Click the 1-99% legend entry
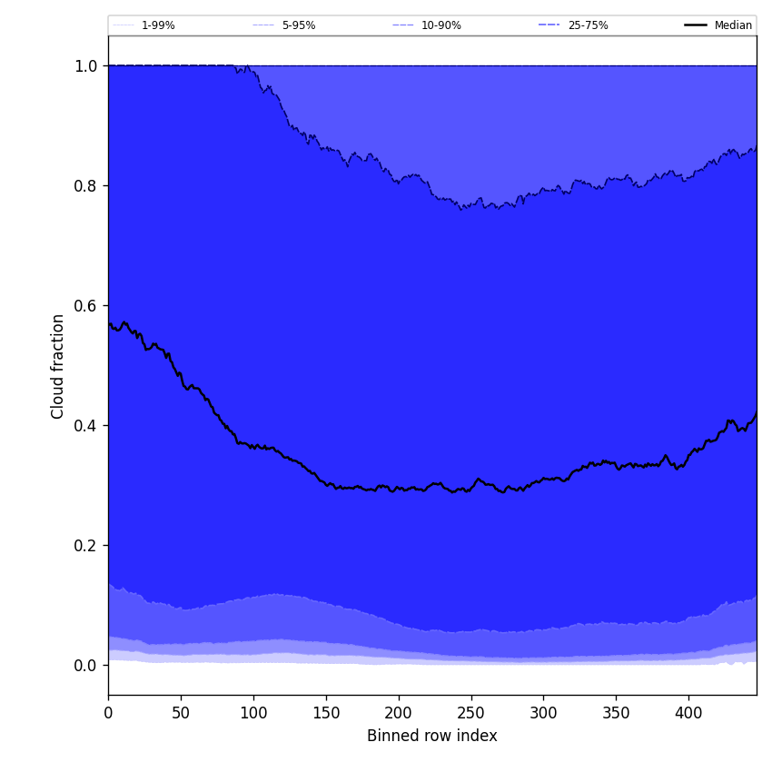tap(157, 25)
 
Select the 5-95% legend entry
tap(298, 25)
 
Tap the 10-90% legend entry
tap(440, 25)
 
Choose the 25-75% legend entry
tap(588, 25)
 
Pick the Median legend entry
tap(732, 25)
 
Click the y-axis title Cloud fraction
tap(58, 366)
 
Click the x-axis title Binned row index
tap(432, 736)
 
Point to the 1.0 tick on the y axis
tap(85, 65)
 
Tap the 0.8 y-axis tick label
tap(85, 185)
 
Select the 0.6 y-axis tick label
tap(85, 305)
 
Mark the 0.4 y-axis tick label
tap(85, 425)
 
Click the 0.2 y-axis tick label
tap(85, 545)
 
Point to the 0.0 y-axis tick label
tap(85, 665)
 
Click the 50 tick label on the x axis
tap(181, 713)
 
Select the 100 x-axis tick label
tap(253, 713)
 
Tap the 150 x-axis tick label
tap(326, 713)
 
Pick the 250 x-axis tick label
tap(470, 713)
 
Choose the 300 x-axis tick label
tap(543, 713)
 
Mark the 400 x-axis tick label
tap(688, 713)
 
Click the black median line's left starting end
tap(109, 323)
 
